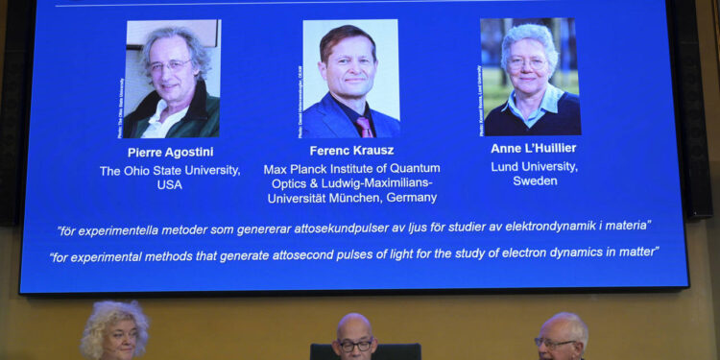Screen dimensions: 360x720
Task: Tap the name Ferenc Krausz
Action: tap(351, 151)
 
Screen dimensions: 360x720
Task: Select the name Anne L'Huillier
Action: tap(533, 149)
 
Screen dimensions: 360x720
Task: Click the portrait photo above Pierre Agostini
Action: tap(172, 79)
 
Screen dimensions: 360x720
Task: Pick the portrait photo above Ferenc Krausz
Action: tap(350, 79)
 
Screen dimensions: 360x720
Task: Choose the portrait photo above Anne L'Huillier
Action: tap(531, 77)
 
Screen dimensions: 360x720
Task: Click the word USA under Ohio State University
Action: tap(169, 185)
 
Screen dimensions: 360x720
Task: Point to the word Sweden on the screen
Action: tap(535, 181)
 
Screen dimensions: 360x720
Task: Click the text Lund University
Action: tap(535, 166)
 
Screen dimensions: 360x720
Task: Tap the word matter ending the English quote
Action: tap(639, 252)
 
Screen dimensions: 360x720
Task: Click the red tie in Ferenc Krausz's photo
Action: tap(364, 127)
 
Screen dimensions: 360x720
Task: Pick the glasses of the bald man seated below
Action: tap(354, 344)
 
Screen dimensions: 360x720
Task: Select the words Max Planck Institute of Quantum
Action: tap(349, 169)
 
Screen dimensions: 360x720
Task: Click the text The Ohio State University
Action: tap(170, 171)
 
